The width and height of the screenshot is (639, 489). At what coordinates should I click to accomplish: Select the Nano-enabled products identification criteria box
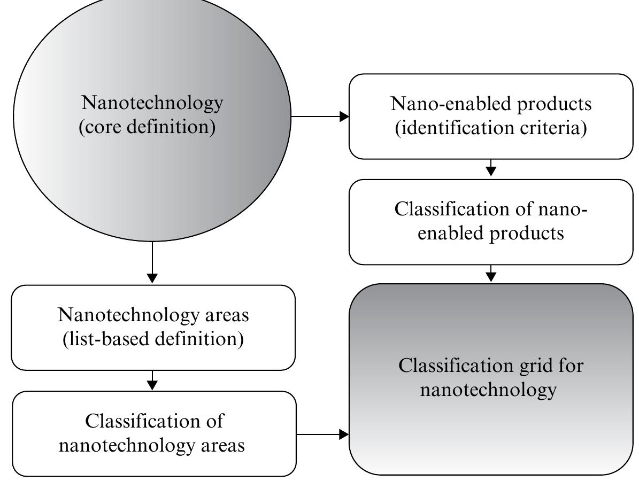(x=490, y=116)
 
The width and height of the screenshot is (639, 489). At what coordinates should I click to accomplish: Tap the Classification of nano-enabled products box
(x=490, y=221)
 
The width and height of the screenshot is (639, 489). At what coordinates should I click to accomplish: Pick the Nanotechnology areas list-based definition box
(x=153, y=327)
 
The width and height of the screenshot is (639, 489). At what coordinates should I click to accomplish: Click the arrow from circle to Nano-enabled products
(x=320, y=116)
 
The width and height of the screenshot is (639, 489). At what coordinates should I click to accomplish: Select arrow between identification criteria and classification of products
(x=491, y=169)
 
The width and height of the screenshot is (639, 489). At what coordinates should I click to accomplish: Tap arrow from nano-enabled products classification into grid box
(x=491, y=274)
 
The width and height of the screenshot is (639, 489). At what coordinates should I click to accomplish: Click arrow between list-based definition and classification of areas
(x=152, y=381)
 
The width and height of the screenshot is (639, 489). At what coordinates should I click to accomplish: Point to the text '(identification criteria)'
(x=490, y=129)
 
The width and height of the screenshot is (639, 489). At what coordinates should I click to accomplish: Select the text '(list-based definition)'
(x=153, y=339)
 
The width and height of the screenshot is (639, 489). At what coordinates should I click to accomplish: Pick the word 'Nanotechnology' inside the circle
(x=152, y=102)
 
